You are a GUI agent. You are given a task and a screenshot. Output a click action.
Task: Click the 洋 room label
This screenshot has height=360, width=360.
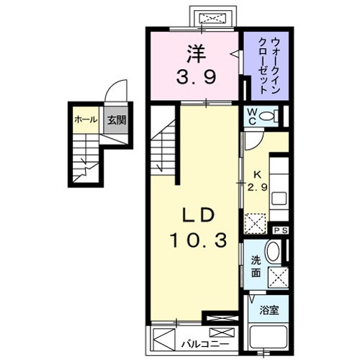194,52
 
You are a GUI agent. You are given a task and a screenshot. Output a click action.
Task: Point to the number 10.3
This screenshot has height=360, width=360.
194,239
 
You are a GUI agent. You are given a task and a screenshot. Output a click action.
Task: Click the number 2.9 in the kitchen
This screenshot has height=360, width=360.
256,187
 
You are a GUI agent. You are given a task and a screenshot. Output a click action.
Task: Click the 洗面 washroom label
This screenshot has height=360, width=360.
256,267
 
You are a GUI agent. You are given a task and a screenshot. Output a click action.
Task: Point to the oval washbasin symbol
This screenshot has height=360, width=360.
274,253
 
